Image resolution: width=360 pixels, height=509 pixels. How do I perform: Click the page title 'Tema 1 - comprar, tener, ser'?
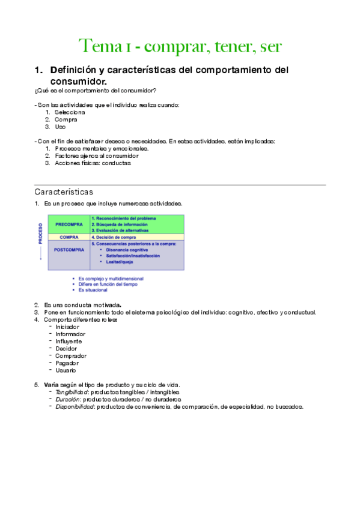coord(180,46)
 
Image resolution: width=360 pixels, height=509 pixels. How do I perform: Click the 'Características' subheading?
coord(64,192)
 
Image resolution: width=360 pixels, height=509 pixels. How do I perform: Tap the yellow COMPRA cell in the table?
coord(69,237)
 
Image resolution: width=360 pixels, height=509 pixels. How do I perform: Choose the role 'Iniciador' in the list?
coord(67,327)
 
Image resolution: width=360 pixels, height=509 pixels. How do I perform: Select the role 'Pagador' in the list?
coord(67,363)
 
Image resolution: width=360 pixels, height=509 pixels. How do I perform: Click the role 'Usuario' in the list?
coord(66,370)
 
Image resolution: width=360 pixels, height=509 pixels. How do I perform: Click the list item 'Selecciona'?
coord(70,112)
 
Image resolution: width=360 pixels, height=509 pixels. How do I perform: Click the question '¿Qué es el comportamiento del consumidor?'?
coord(96,91)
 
